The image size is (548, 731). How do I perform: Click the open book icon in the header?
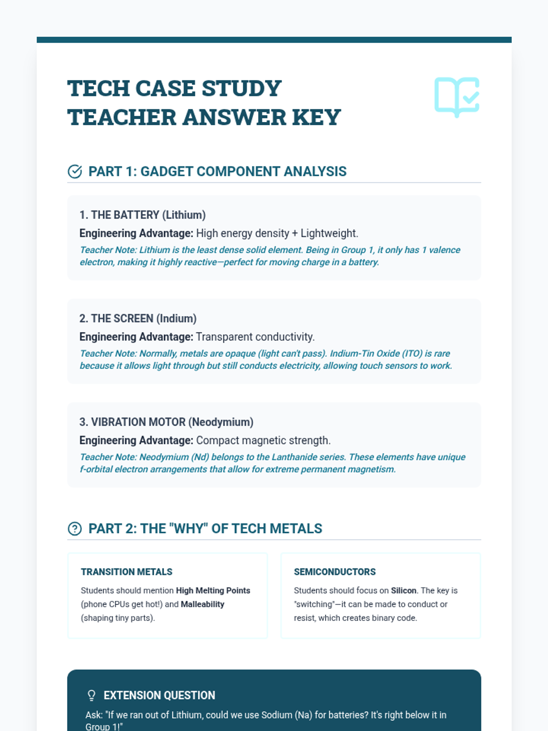(457, 97)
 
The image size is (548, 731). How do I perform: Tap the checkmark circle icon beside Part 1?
(74, 171)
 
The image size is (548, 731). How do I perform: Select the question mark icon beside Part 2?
(74, 529)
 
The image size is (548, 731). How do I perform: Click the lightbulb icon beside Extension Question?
(91, 695)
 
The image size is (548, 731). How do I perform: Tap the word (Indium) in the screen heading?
(176, 318)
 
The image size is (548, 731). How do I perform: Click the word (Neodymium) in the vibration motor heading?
(221, 422)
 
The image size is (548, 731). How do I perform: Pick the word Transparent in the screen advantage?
(224, 337)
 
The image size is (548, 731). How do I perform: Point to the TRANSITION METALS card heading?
(126, 572)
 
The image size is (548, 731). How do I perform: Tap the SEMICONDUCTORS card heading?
(335, 572)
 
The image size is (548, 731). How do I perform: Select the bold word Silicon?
(404, 590)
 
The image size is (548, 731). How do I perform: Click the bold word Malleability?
(202, 604)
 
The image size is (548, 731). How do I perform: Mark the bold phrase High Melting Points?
(213, 590)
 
